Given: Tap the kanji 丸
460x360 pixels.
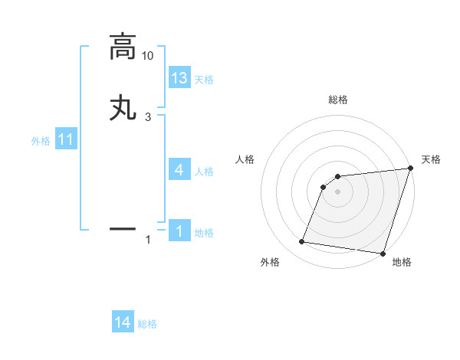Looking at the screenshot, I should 123,107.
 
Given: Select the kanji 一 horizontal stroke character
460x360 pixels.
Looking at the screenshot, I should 123,228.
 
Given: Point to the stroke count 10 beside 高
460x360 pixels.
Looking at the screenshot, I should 148,56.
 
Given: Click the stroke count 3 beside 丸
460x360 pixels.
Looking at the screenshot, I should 148,116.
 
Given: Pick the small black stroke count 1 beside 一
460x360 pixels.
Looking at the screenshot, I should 148,241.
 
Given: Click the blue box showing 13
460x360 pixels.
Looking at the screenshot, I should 179,77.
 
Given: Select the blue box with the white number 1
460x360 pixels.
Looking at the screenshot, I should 179,231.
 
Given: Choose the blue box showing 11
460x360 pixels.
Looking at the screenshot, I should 65,140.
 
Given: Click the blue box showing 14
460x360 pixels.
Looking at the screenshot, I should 123,322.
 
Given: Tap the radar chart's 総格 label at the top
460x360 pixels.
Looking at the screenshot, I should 337,100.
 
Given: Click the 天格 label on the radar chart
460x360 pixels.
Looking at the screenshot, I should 431,159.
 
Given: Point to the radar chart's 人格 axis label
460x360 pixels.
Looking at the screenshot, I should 245,159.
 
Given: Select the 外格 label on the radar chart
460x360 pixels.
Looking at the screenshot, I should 270,262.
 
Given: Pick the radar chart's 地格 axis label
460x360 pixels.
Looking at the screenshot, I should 402,262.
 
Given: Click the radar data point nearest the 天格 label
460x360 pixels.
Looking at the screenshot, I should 410,169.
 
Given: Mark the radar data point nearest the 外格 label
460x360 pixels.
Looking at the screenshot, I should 302,242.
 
